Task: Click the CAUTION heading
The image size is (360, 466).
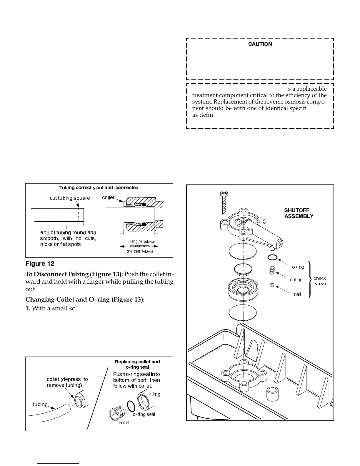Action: pos(260,44)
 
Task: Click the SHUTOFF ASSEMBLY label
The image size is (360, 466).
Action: pos(299,213)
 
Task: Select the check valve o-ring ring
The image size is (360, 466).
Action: pos(273,257)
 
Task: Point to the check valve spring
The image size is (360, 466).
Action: pos(272,270)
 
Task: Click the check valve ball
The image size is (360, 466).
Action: pos(272,284)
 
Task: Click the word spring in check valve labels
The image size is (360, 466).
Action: pos(296,279)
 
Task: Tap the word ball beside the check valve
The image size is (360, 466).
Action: pos(297,294)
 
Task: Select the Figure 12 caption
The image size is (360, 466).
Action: pos(40,264)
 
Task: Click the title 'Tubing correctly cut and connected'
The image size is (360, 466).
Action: pos(99,188)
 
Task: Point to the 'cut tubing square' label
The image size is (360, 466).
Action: pos(70,198)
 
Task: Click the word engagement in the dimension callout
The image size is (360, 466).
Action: pos(140,246)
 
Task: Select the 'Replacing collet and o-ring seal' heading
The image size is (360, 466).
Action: pos(137,364)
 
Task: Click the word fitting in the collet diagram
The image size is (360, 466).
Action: pos(154,394)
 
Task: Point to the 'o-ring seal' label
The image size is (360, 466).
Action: pos(144,414)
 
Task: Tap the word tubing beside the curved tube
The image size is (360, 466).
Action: pos(40,404)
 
